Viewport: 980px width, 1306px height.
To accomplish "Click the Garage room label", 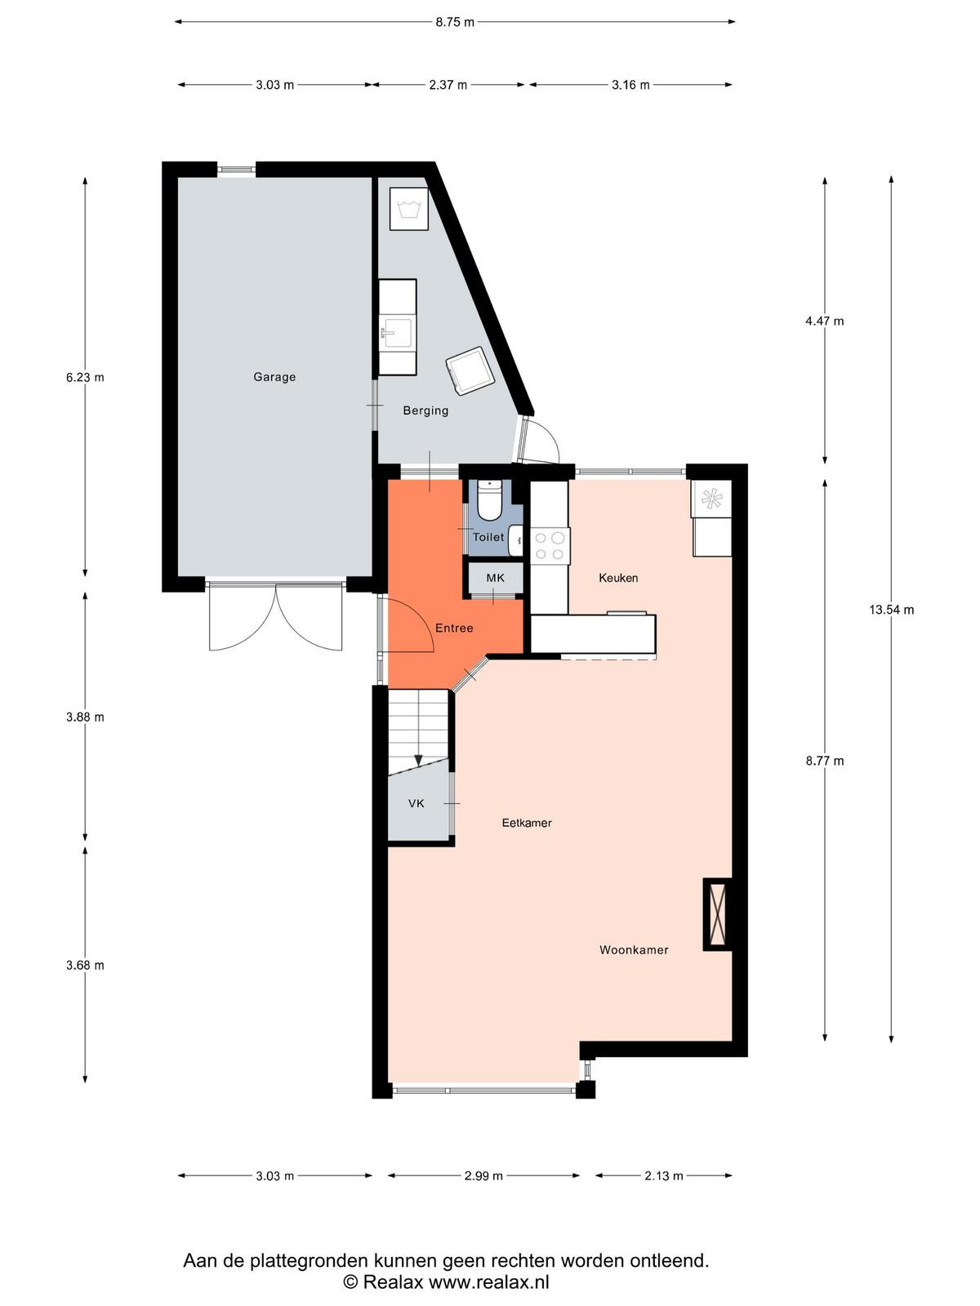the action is click(x=274, y=376).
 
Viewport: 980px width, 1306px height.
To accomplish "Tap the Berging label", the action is click(x=425, y=410).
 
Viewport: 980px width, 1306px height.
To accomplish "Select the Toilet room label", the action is click(x=488, y=536).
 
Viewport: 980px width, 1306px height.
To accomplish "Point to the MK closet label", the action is click(x=495, y=578).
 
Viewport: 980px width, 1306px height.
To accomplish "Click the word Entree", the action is click(x=454, y=628).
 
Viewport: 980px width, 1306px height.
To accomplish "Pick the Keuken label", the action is click(x=618, y=578).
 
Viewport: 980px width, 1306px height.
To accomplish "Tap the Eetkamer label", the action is click(x=527, y=823).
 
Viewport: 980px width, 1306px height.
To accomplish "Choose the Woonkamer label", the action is click(x=634, y=950).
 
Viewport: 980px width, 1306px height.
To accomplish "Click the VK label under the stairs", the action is click(x=416, y=804).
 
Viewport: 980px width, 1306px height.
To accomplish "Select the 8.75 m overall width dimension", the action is click(x=455, y=23).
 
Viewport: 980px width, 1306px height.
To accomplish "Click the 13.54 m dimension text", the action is click(x=891, y=609).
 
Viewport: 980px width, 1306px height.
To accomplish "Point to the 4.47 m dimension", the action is click(x=825, y=322).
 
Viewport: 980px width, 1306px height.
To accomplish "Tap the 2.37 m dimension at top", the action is click(x=448, y=85).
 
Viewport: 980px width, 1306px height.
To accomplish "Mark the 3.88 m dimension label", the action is click(x=85, y=717).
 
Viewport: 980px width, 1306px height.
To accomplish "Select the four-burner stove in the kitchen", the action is click(x=550, y=546).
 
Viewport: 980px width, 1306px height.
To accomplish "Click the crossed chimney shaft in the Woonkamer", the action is click(x=718, y=914).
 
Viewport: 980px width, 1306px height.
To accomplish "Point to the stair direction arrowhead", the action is click(x=418, y=761).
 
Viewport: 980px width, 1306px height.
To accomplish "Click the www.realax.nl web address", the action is click(x=488, y=1282).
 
